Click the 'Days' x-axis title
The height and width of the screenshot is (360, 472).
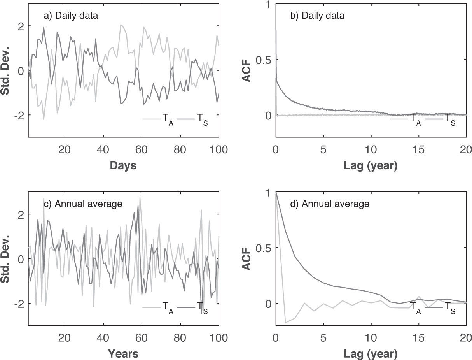(123, 165)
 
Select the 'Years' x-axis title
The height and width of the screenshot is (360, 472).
(123, 353)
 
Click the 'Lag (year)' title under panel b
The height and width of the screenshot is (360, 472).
(371, 166)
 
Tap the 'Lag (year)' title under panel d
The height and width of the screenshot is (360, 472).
(371, 354)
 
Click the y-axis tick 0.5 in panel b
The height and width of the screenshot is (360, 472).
(264, 60)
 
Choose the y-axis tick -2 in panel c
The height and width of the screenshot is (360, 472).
(18, 303)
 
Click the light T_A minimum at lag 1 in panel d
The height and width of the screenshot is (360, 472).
(285, 322)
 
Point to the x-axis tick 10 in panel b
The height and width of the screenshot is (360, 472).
(371, 150)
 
